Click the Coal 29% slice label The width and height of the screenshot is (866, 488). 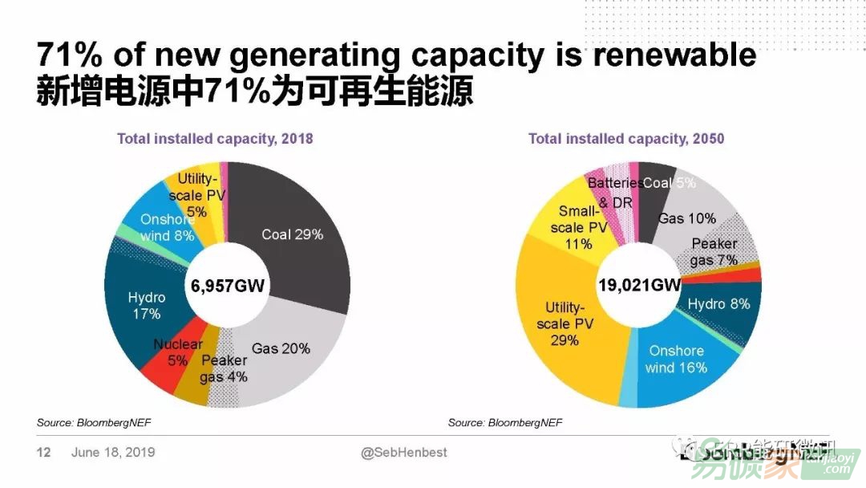pyautogui.click(x=293, y=234)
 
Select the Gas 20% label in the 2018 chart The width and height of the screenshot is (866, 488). pyautogui.click(x=281, y=349)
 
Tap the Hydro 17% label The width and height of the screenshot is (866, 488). pyautogui.click(x=147, y=306)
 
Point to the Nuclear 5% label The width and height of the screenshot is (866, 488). pyautogui.click(x=178, y=352)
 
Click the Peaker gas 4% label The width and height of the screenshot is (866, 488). pyautogui.click(x=225, y=368)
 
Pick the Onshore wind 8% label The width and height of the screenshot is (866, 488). pyautogui.click(x=167, y=228)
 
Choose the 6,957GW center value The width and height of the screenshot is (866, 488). pyautogui.click(x=228, y=285)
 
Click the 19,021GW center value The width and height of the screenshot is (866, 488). pyautogui.click(x=639, y=285)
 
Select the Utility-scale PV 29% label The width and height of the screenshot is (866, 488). pyautogui.click(x=565, y=324)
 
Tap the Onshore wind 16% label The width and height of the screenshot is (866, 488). pyautogui.click(x=677, y=359)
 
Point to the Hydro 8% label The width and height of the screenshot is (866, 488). pyautogui.click(x=719, y=304)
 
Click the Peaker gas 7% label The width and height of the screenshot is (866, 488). pyautogui.click(x=714, y=252)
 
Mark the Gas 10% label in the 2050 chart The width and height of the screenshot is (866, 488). pyautogui.click(x=687, y=218)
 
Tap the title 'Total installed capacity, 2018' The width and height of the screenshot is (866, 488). pyautogui.click(x=215, y=139)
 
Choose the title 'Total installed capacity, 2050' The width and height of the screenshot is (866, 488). pyautogui.click(x=625, y=139)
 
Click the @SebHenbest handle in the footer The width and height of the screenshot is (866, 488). pyautogui.click(x=404, y=453)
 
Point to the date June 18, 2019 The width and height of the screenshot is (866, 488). pyautogui.click(x=113, y=453)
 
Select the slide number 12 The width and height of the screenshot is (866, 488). pyautogui.click(x=43, y=453)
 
